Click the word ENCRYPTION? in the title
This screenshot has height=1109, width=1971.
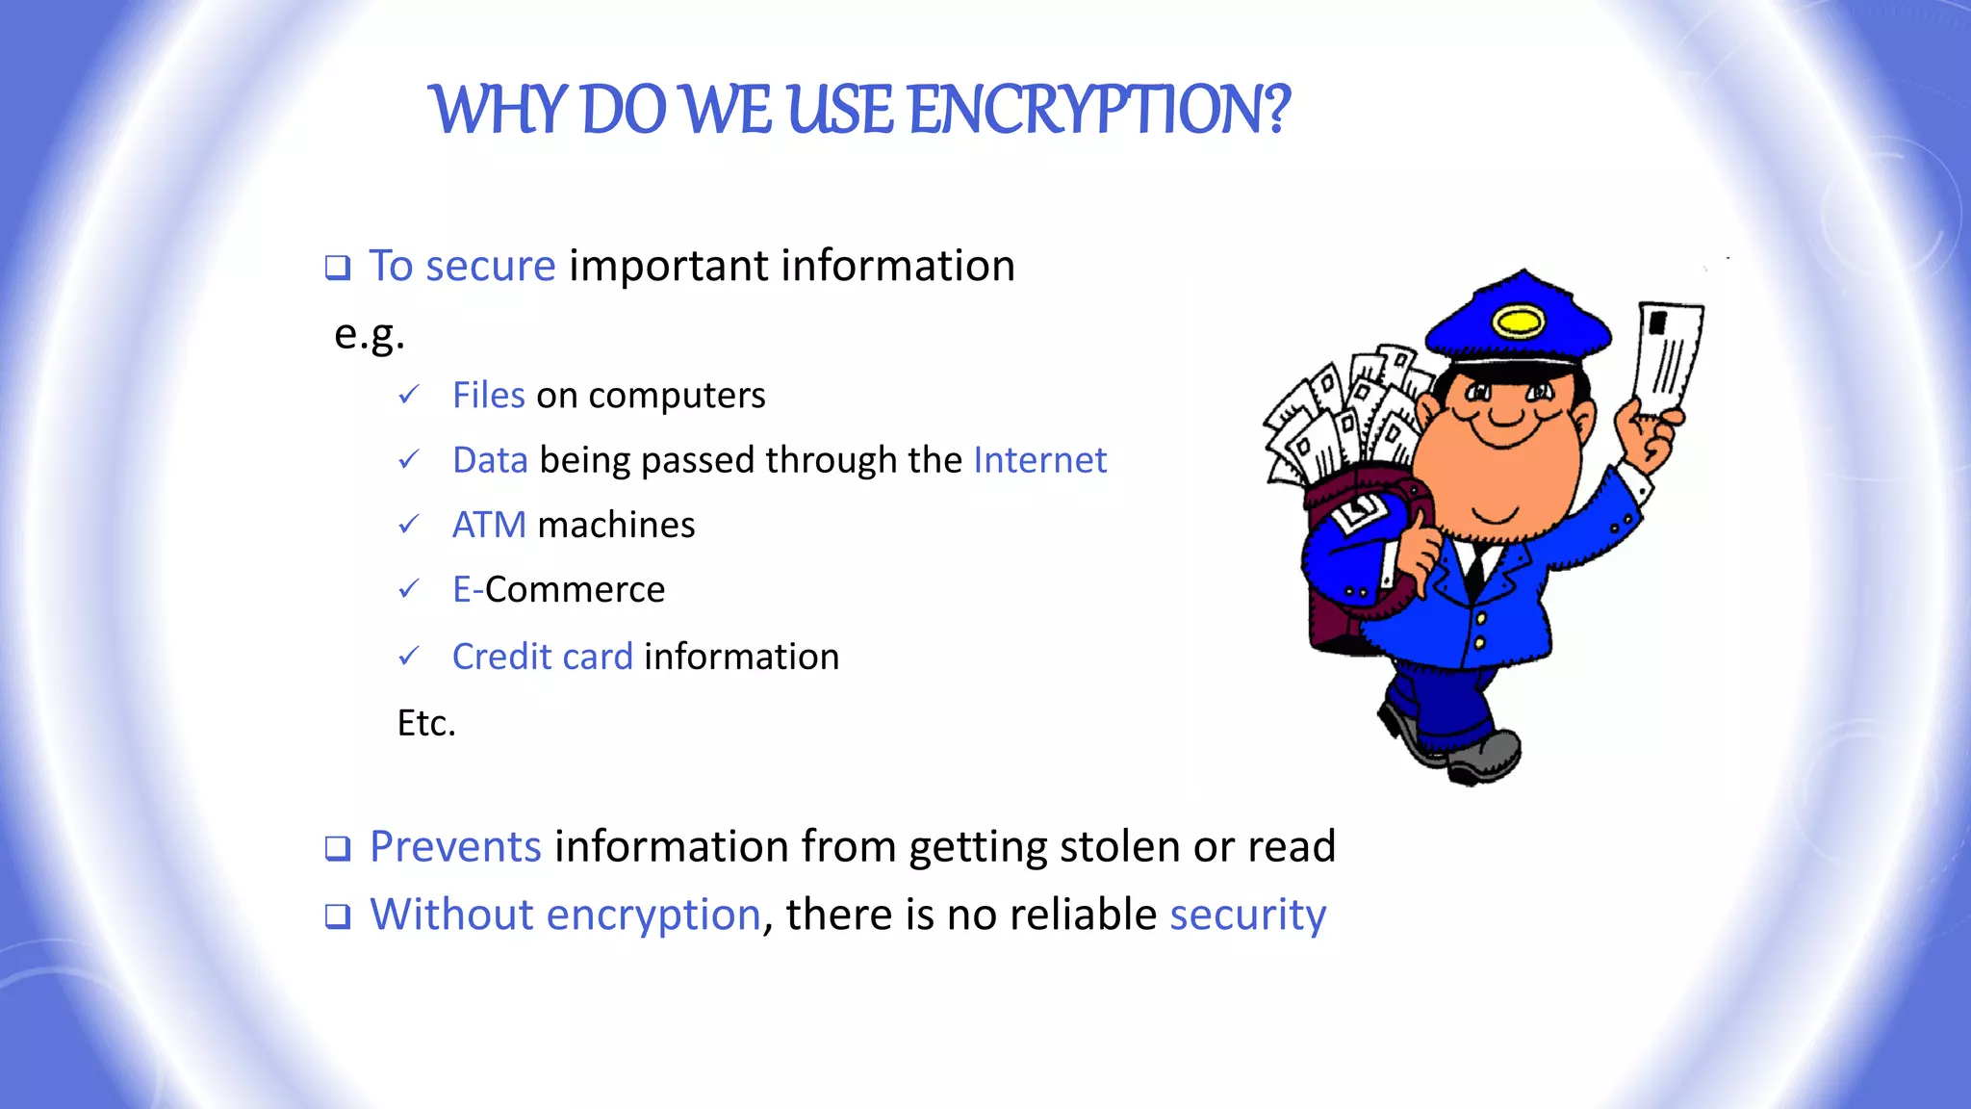point(1098,110)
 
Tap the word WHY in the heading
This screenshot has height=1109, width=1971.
point(500,110)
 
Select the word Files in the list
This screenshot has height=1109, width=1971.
point(489,396)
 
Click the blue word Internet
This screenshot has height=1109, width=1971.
point(1039,460)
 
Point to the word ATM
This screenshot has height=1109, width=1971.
point(489,526)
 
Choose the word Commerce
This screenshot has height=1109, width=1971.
point(575,590)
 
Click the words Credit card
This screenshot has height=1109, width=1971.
point(543,657)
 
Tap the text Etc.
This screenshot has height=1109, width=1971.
point(426,723)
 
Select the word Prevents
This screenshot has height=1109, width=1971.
point(455,847)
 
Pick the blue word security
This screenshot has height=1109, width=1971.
point(1247,915)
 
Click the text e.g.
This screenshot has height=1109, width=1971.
point(370,335)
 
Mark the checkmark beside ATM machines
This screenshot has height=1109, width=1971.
point(409,525)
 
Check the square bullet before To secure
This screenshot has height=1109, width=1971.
point(338,268)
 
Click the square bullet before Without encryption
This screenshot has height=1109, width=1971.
point(338,916)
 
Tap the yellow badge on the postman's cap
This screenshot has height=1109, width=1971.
point(1518,320)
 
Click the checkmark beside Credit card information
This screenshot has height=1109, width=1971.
point(409,657)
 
